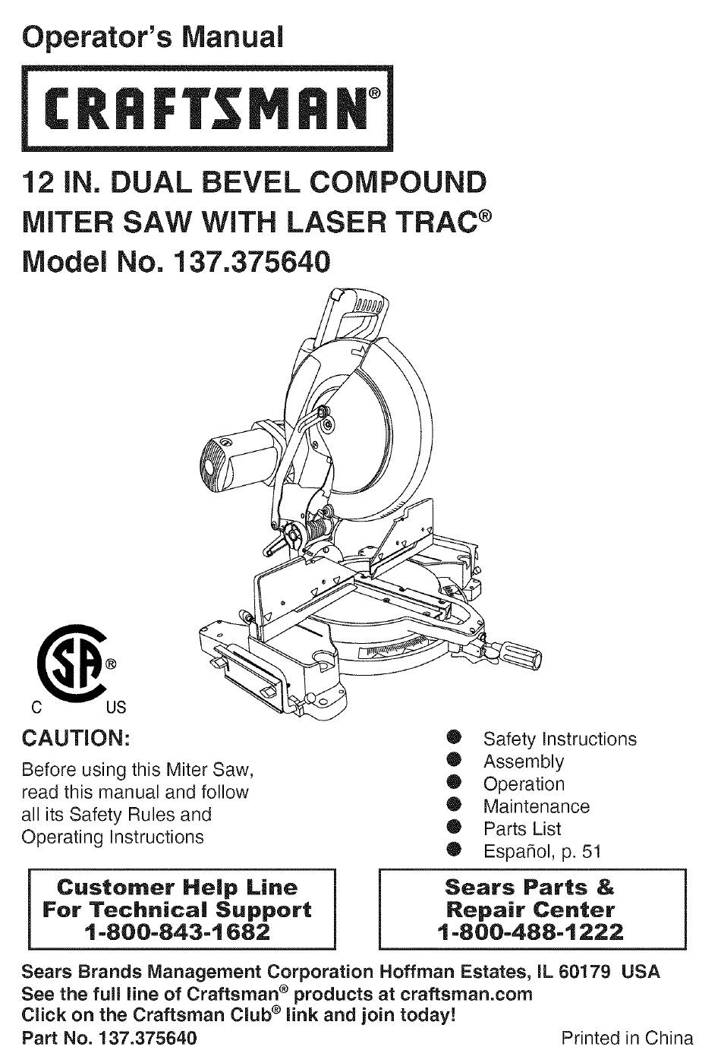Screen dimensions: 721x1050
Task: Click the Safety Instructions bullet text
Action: (560, 739)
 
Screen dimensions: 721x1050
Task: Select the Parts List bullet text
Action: (522, 829)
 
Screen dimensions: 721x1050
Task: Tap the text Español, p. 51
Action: (542, 851)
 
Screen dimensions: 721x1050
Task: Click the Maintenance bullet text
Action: (537, 806)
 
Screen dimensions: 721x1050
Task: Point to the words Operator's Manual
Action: (153, 37)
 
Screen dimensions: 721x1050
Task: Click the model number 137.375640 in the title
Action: (251, 262)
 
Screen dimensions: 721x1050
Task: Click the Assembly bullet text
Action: (524, 762)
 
